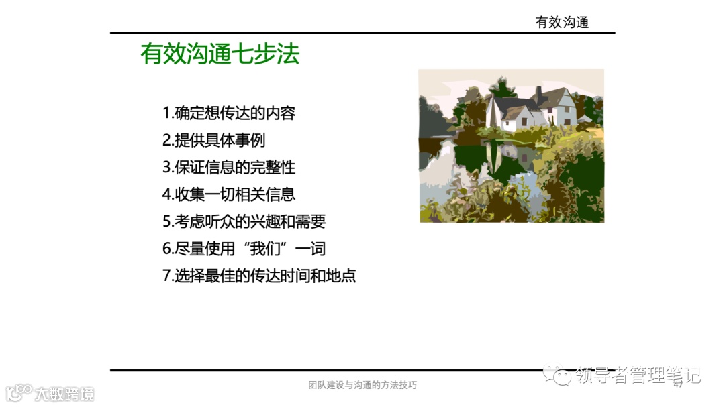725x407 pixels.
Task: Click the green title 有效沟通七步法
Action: point(220,54)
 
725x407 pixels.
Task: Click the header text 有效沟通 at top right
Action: point(562,22)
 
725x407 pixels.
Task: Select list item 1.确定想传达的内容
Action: point(229,113)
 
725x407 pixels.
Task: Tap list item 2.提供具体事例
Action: point(214,140)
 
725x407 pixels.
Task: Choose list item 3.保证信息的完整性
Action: point(229,167)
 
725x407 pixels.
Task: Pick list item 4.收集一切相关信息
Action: point(229,194)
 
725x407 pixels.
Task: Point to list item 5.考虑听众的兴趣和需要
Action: point(244,221)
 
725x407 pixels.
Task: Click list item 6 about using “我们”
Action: point(244,249)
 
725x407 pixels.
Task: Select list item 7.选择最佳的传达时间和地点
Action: point(259,276)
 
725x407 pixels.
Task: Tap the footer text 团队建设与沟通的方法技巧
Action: point(362,385)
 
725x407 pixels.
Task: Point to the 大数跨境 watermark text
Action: point(65,394)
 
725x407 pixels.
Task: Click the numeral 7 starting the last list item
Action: point(166,276)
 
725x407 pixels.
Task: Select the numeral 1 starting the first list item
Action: point(166,113)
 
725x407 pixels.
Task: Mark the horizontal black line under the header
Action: point(362,32)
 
